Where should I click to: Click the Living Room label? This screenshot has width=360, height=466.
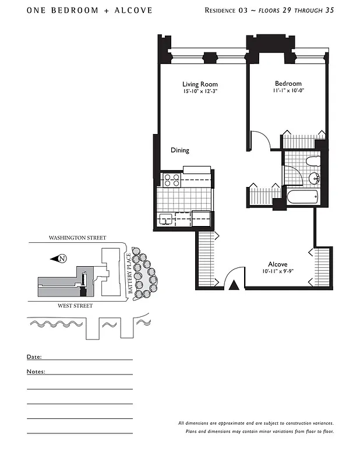coord(200,84)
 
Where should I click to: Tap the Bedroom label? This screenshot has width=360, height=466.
coord(288,84)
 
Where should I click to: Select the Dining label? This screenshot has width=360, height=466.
coord(179,150)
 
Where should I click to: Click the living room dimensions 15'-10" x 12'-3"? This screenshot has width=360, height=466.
coord(200,91)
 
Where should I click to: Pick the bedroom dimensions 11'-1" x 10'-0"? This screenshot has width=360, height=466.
coord(288,91)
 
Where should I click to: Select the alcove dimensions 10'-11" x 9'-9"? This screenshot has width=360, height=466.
coord(278,271)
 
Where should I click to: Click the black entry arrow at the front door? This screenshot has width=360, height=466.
coord(234,284)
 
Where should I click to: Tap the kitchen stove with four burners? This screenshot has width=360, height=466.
coord(171,180)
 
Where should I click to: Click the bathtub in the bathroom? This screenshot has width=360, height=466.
coord(302,197)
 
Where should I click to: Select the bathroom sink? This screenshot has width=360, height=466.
coord(315,178)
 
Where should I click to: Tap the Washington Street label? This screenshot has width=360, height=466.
coord(77,238)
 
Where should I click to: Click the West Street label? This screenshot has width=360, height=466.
coord(76,305)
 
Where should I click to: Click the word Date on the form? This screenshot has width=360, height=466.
coord(34,356)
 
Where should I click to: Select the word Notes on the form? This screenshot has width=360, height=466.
coord(36,371)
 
